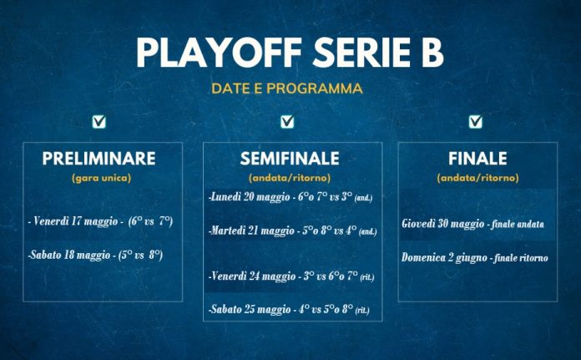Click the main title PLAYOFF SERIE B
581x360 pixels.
[290, 52]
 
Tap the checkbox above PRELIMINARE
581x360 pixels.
[100, 122]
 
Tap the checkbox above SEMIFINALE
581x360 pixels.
[287, 122]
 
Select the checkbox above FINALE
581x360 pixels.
[475, 122]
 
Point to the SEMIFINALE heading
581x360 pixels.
[290, 159]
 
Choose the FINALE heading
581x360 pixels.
[477, 159]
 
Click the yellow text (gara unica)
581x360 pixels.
[101, 178]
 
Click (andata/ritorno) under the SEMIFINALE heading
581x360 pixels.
[290, 178]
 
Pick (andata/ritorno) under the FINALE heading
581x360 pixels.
[477, 178]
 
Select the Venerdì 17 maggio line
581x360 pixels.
[100, 221]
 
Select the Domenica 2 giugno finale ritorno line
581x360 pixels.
[475, 257]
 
